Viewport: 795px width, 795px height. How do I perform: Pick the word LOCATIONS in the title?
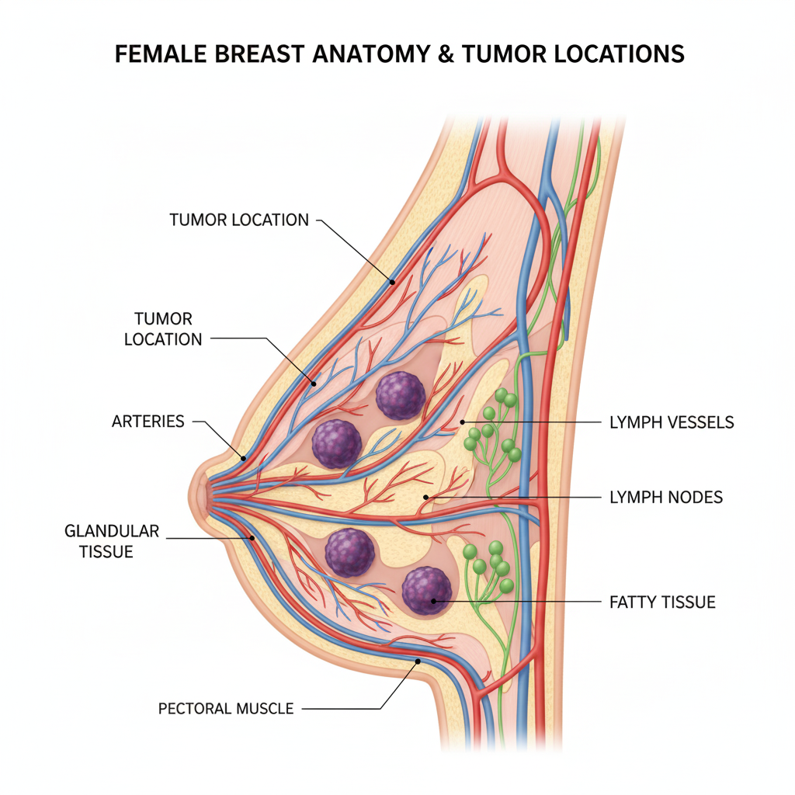coord(623,54)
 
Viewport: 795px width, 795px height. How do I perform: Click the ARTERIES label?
coord(148,422)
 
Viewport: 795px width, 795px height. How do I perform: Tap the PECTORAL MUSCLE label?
coord(226,708)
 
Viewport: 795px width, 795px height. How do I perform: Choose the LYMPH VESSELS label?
coord(672,422)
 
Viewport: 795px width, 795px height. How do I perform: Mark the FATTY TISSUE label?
coord(663,602)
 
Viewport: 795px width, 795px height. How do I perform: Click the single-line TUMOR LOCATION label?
coord(239,220)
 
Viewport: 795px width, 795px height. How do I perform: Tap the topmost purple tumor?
coord(401,395)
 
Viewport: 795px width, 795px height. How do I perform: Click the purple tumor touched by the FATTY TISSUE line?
coord(426,592)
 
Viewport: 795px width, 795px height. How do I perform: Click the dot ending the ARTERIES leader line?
coord(243,458)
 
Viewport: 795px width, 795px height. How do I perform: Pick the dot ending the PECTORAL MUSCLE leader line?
coord(418,661)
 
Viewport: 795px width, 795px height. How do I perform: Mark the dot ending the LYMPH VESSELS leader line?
coord(463,422)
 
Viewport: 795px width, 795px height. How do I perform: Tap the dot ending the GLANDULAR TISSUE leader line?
coord(252,537)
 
